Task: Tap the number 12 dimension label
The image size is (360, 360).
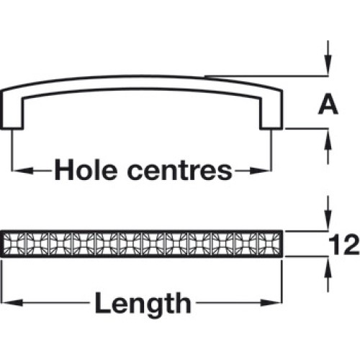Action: [344, 245]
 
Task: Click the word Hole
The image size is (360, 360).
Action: [86, 170]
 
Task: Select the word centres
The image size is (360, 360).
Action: [180, 171]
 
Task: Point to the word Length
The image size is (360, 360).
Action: [143, 303]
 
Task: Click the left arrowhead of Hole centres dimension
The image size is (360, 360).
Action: [24, 171]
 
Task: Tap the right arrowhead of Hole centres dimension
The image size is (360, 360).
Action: [259, 171]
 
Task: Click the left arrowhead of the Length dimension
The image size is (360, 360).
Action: [13, 303]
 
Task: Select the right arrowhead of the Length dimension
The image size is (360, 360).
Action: [271, 303]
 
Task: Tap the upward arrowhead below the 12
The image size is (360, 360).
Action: [328, 268]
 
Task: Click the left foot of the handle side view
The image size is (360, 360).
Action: [13, 120]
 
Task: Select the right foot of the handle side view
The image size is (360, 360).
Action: [271, 120]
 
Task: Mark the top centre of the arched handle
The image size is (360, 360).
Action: [143, 76]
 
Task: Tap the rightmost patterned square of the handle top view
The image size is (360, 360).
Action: [269, 244]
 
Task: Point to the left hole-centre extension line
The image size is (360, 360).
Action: [12, 150]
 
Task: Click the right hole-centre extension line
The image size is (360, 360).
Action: [271, 150]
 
